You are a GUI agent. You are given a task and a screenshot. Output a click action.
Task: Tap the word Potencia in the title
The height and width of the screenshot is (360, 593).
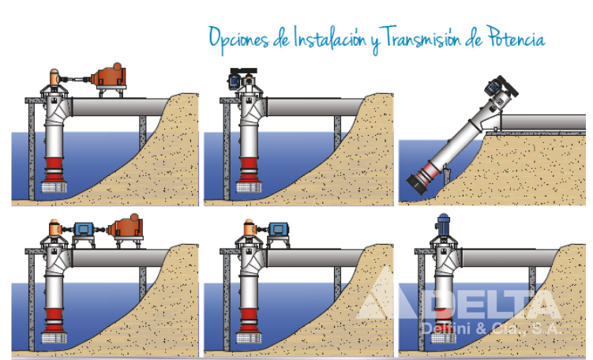point(516,37)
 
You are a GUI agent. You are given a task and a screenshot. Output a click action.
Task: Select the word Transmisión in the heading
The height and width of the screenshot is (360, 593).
point(419,38)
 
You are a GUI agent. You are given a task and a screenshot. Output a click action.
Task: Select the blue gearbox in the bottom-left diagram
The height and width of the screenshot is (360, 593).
point(84,229)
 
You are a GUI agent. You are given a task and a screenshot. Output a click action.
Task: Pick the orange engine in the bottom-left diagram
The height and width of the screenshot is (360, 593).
point(125,227)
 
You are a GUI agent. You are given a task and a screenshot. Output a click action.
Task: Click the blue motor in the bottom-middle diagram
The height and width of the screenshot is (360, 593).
point(279,229)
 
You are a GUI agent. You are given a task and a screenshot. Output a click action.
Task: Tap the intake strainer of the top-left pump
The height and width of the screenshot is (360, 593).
point(54,187)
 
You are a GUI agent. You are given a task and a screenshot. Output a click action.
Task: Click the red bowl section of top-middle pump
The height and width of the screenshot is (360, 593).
point(248,171)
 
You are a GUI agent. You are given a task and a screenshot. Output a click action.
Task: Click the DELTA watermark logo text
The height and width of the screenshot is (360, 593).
point(458,301)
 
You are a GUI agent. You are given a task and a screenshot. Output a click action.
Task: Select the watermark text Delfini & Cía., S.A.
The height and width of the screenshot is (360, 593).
point(493,328)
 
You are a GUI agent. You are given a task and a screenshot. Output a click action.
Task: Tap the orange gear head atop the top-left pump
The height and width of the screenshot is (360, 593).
point(54,77)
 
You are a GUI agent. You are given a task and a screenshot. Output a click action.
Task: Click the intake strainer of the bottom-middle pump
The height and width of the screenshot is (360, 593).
point(249,338)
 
